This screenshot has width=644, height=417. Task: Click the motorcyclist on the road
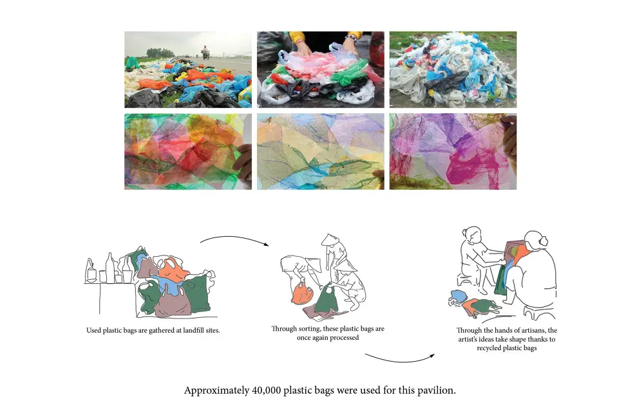point(205,53)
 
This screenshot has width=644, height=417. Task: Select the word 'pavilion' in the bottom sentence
point(436,391)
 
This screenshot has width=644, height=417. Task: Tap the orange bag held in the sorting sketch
point(301,294)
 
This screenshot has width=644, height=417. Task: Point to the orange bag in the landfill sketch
point(172,273)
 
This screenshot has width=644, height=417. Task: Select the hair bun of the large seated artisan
point(544,241)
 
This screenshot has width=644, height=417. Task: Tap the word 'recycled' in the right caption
point(489,348)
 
